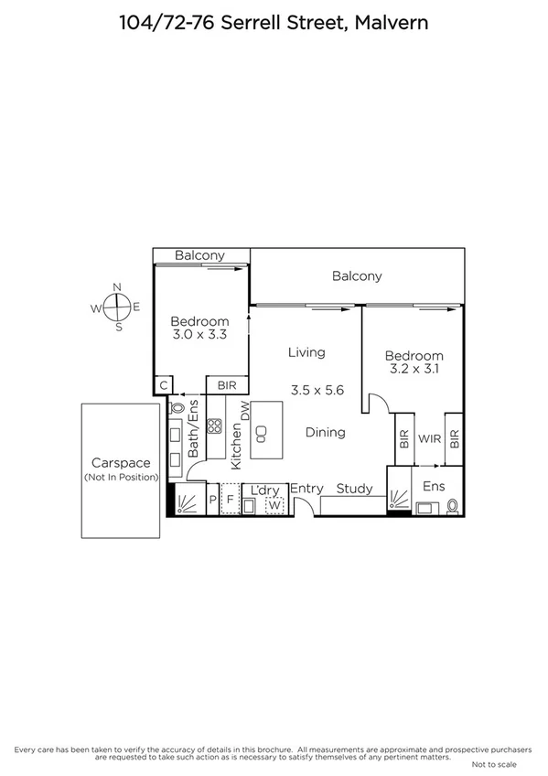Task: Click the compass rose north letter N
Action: pos(117,287)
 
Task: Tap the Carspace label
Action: pos(120,464)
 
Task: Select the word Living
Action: pos(306,352)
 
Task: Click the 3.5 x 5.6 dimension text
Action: pos(317,390)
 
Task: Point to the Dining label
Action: pos(325,433)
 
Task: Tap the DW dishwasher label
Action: pos(244,414)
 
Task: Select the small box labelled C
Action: pos(165,385)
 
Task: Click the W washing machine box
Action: pos(274,504)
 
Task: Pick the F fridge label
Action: pos(231,501)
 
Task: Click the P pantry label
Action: pos(212,501)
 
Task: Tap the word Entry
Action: pos(306,490)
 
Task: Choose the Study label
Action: pos(354,490)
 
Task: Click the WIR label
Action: pos(430,439)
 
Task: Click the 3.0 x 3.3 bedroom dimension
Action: pos(199,336)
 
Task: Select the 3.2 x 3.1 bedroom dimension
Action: pos(414,371)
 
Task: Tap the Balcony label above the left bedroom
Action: pos(199,256)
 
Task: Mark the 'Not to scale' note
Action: pos(494,764)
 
